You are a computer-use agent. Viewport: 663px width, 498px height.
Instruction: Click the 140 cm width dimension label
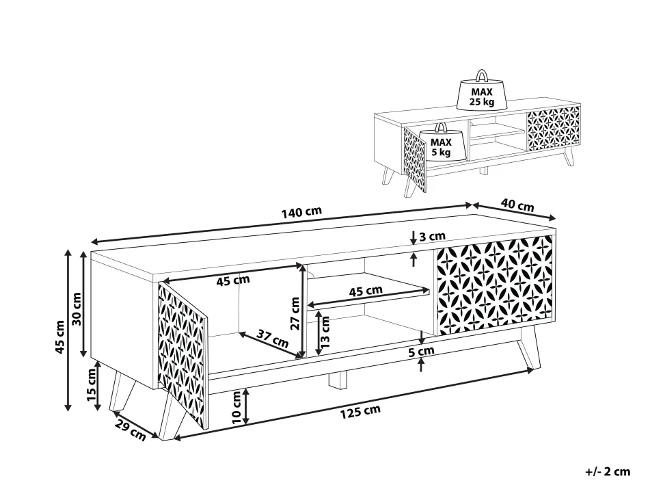pos(301,211)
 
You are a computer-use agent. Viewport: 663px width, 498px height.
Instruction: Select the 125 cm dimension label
pos(361,411)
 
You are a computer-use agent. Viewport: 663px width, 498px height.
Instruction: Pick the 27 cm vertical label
pos(295,313)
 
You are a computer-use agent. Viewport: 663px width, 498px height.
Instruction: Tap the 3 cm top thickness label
pos(432,236)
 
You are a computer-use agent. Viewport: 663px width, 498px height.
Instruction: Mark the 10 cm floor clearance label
pos(236,406)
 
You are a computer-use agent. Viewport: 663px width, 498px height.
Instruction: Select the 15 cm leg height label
pos(92,384)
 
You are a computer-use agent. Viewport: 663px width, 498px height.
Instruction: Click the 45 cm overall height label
pos(59,337)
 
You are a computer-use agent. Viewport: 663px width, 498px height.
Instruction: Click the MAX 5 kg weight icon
pos(441,142)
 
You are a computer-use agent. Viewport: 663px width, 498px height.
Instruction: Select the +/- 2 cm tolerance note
pos(608,471)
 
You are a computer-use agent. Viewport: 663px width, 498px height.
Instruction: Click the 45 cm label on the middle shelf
pos(366,291)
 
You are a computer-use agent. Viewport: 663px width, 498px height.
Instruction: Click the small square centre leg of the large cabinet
pos(338,379)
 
